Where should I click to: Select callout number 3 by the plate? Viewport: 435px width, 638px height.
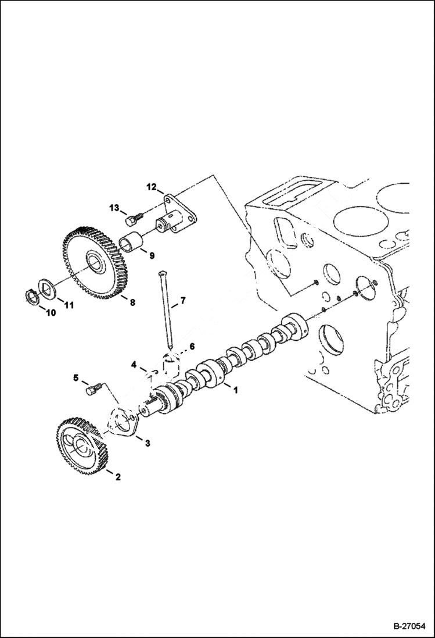point(148,444)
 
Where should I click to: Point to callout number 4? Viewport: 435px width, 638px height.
point(134,365)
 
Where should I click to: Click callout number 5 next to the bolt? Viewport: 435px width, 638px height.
point(75,378)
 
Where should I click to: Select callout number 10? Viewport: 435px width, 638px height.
point(50,312)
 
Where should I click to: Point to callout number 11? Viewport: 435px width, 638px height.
point(69,305)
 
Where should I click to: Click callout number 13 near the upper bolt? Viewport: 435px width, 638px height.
point(113,208)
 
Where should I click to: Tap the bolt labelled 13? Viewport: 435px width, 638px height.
point(132,219)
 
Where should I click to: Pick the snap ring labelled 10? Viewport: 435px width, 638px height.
point(34,296)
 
